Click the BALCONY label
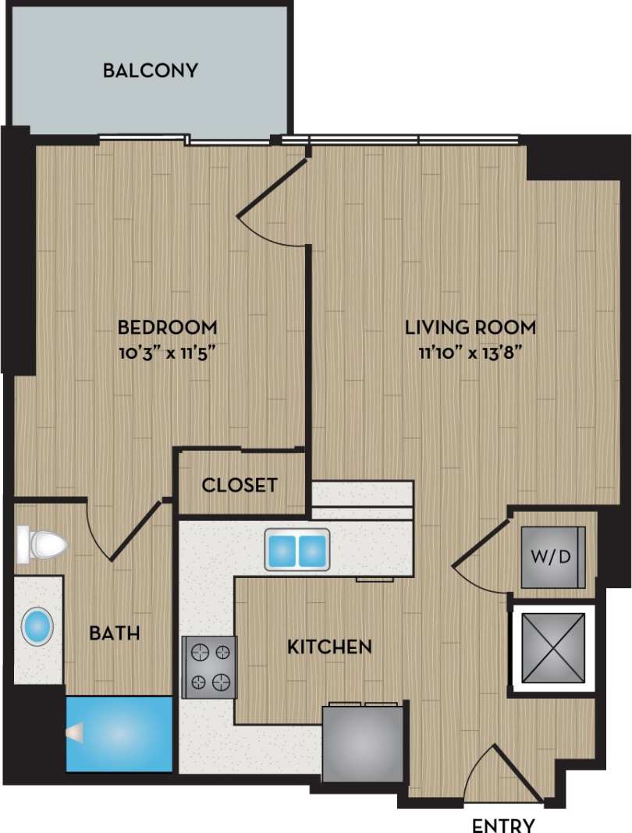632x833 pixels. coord(151,71)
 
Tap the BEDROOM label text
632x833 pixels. coord(167,326)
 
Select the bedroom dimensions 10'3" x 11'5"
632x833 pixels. coord(167,352)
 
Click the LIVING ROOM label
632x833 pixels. coord(470,326)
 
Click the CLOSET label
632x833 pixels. coord(240,485)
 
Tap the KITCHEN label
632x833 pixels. coord(329,647)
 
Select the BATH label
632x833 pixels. coord(115,633)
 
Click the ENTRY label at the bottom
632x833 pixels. coord(503,825)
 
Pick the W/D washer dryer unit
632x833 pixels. coord(552,557)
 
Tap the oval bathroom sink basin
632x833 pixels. coord(37,627)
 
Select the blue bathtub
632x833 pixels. coord(119,733)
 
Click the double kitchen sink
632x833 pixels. coord(296,550)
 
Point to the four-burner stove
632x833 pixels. coord(209,667)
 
